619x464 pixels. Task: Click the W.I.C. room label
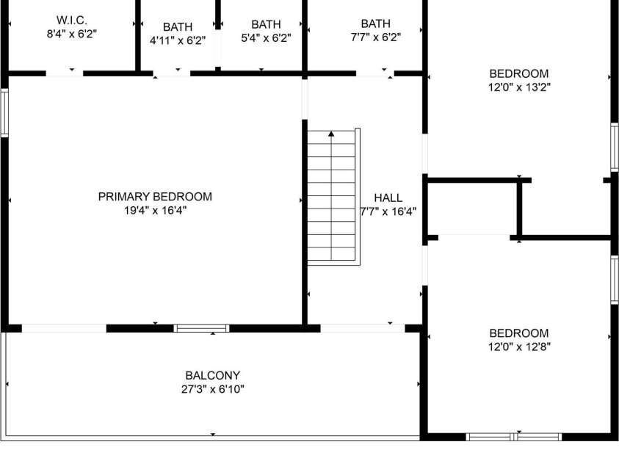tap(71, 20)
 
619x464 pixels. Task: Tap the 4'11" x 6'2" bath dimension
tap(178, 40)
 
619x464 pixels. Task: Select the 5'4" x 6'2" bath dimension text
tap(266, 38)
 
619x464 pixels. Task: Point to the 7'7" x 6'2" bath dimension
tap(376, 37)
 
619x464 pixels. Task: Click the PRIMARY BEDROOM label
tap(155, 197)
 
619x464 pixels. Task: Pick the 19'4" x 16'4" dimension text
tap(155, 210)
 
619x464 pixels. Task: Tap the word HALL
tap(388, 197)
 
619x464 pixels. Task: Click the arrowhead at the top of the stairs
tap(331, 134)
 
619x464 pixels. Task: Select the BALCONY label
tap(213, 375)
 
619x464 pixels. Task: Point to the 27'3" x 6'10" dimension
tap(213, 389)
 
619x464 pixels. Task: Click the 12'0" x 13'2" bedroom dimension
tap(519, 87)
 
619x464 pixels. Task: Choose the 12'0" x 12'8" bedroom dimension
tap(519, 347)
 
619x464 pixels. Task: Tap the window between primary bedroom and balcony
tap(202, 328)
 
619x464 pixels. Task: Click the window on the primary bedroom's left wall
tap(4, 113)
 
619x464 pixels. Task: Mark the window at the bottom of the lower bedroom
tap(513, 437)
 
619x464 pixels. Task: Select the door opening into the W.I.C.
tap(65, 73)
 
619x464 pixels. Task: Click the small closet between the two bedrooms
tap(473, 209)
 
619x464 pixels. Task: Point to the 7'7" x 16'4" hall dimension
tap(388, 212)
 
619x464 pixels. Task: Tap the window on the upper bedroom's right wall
tap(615, 147)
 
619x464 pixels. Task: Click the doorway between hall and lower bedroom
tap(424, 265)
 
